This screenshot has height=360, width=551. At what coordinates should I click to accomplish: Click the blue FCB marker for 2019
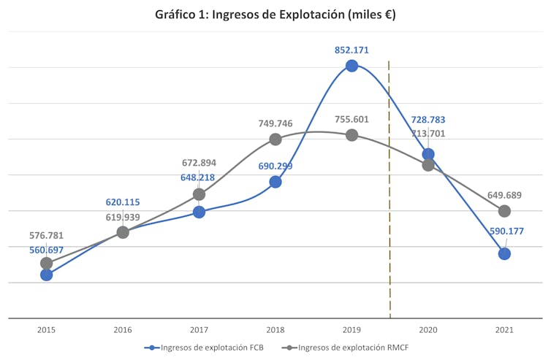point(351,66)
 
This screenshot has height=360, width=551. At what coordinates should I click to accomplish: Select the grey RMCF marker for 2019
point(351,135)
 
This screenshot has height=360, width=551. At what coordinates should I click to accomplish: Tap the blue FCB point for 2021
point(504,253)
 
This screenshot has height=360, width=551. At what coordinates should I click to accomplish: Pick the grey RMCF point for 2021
point(504,211)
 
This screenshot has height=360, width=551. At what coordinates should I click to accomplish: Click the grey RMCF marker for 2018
point(275,139)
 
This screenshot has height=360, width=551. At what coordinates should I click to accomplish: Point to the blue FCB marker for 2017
point(199,212)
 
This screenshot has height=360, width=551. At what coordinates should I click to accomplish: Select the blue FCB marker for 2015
point(47,275)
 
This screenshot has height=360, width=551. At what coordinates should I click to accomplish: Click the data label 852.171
point(351,50)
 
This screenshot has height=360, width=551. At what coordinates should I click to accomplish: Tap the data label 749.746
point(275,123)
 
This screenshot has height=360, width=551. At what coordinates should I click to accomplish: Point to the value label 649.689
point(504,195)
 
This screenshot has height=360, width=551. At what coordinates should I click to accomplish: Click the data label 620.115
point(122,202)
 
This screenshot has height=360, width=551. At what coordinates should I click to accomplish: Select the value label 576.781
point(47,236)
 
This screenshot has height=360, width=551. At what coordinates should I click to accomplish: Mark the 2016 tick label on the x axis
point(123,330)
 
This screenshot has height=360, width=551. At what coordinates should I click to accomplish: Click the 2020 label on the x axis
point(428,330)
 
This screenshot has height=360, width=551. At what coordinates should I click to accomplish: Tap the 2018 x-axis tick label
point(275,330)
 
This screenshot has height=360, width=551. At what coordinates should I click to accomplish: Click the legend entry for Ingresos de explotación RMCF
point(346,348)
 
